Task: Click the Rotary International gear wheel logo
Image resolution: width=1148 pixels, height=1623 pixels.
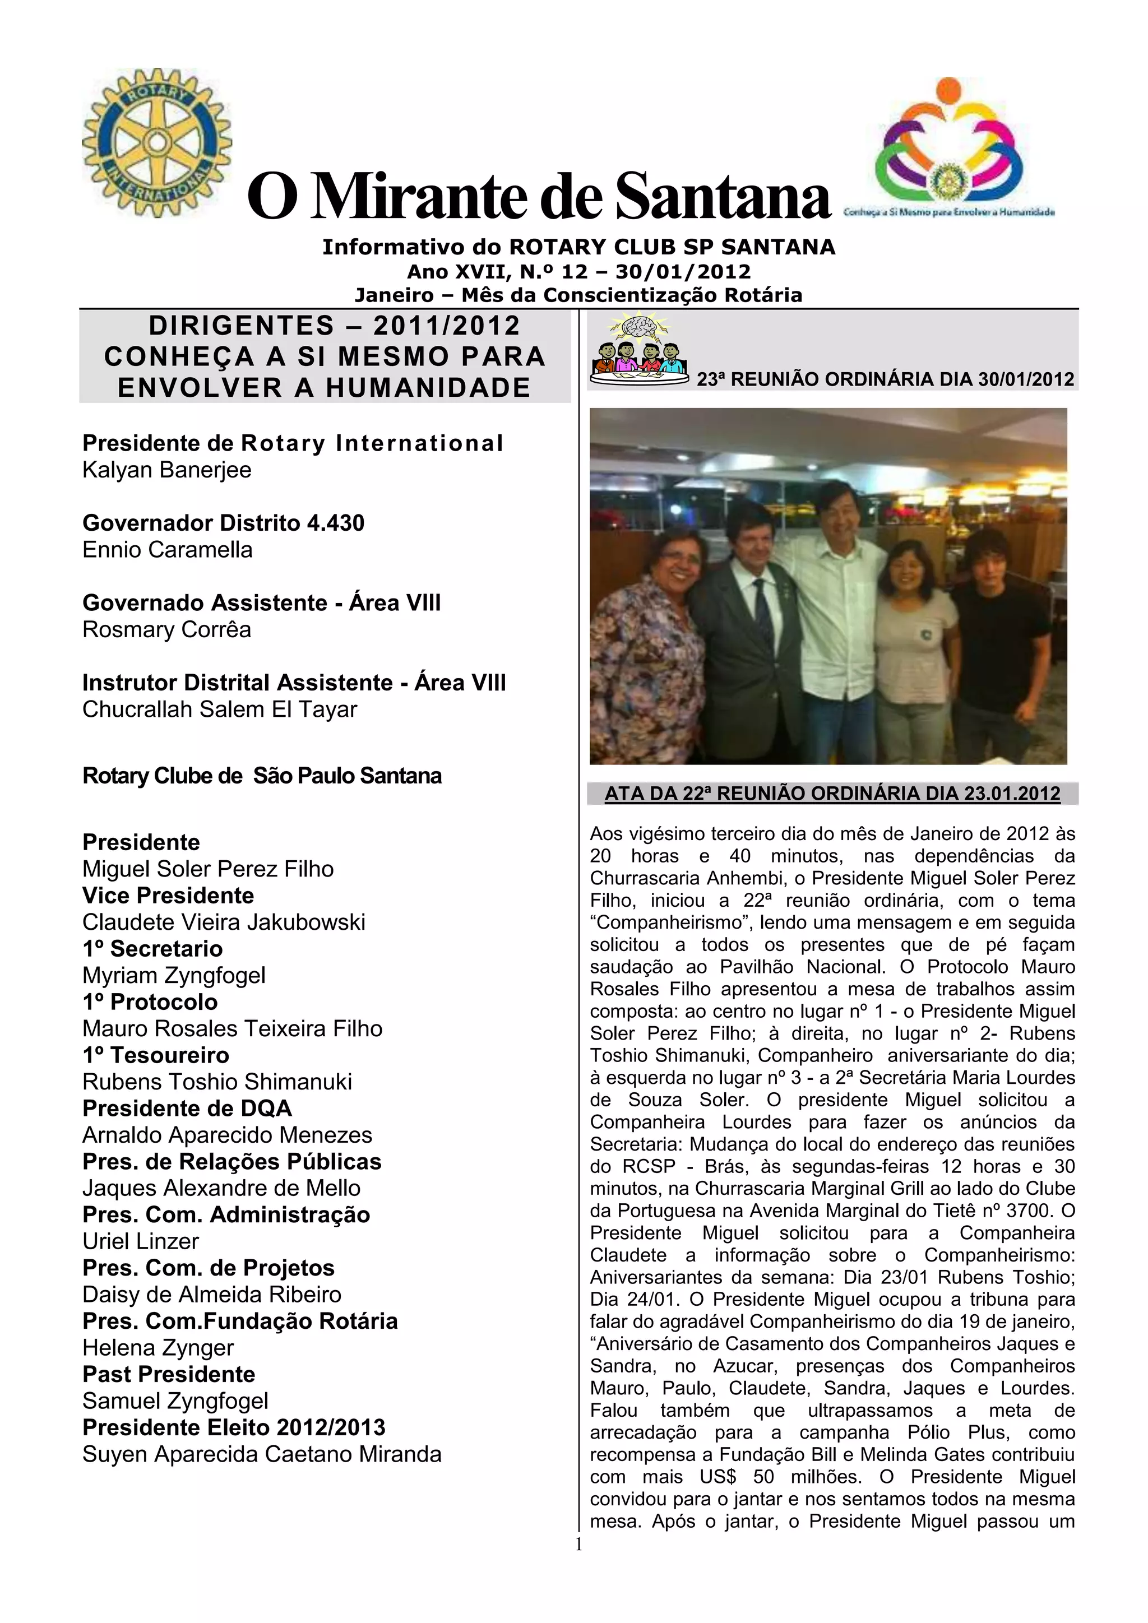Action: [x=157, y=142]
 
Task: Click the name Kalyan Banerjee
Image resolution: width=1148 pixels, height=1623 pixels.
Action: [x=167, y=470]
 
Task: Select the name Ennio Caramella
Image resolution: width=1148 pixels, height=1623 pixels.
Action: [x=168, y=550]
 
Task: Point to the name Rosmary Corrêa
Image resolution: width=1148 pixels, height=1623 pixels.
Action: [x=167, y=630]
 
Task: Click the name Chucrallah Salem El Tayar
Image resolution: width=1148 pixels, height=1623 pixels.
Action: [x=220, y=710]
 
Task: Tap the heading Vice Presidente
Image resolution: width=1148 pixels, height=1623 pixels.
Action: [x=168, y=896]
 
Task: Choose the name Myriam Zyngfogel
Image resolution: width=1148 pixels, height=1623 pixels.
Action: [x=174, y=976]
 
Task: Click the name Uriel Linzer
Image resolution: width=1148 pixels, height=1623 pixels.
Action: [x=141, y=1241]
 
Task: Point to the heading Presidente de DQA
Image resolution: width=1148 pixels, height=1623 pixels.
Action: [x=187, y=1109]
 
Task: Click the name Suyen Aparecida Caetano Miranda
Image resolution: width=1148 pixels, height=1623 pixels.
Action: [x=262, y=1454]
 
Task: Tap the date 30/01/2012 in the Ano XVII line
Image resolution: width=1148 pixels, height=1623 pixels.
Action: [x=683, y=271]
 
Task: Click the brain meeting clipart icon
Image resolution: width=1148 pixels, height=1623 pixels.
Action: [x=639, y=346]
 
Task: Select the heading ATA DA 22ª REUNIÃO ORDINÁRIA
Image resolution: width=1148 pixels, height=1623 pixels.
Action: [x=832, y=794]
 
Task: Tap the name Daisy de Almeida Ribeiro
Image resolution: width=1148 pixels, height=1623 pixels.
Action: [x=212, y=1294]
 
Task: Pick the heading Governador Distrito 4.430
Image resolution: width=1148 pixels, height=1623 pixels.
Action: [x=224, y=523]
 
